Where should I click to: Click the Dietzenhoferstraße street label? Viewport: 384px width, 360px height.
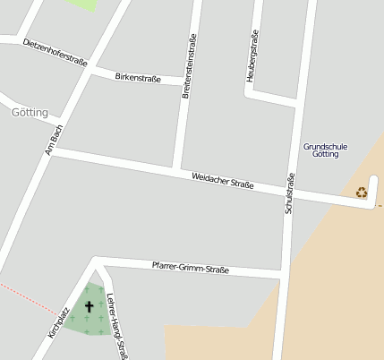(x=55, y=53)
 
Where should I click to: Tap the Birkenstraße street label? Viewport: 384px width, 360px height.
(x=138, y=78)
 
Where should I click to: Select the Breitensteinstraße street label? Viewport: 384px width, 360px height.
(x=189, y=65)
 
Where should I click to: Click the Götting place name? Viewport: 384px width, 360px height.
(x=32, y=113)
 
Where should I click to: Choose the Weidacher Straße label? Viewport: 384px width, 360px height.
(x=223, y=180)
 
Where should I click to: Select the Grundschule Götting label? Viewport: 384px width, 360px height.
(x=326, y=150)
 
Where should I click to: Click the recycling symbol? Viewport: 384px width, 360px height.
(x=362, y=192)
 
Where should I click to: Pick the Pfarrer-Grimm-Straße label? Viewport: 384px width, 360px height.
(x=190, y=267)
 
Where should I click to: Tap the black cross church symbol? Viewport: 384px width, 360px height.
(x=89, y=307)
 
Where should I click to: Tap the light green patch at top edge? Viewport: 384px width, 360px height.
(x=81, y=4)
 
